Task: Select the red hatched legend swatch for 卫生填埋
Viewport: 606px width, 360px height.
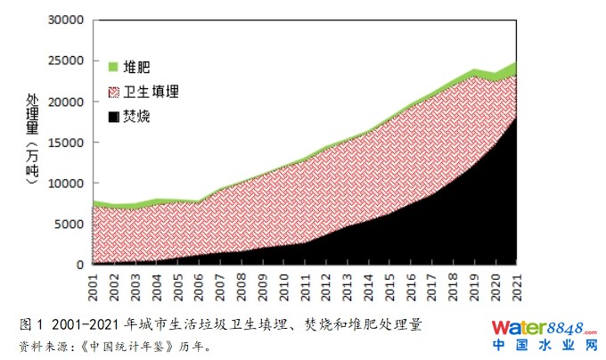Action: click(113, 92)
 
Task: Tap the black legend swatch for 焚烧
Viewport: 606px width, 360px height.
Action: click(113, 117)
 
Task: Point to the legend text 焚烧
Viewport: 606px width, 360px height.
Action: click(136, 117)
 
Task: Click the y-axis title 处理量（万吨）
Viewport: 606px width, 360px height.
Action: click(33, 143)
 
